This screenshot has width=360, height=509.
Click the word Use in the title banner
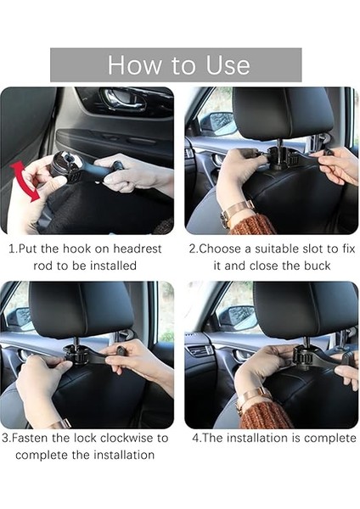pos(228,65)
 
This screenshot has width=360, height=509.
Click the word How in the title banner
pos(134,65)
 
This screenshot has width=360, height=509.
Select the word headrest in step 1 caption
pos(137,249)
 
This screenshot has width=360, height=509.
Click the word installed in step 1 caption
pos(113,266)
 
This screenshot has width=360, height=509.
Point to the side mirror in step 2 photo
pos(218,124)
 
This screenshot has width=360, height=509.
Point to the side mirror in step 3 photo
pos(20,318)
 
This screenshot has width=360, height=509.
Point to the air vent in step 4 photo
pos(199,351)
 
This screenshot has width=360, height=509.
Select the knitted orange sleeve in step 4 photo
pos(267,417)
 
